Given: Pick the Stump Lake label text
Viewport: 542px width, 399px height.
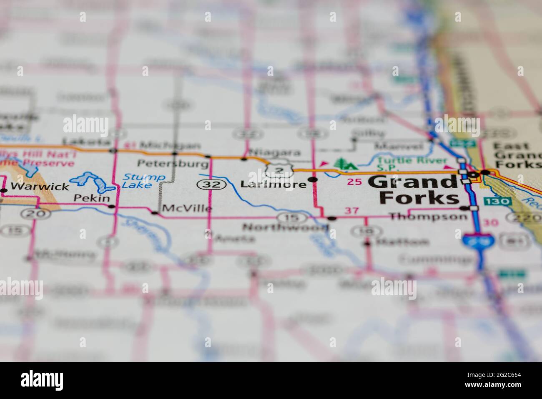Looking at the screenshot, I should coord(143,181).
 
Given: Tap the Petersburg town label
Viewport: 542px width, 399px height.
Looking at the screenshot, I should coord(173,163).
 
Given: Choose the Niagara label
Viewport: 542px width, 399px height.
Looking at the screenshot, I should coord(274,152).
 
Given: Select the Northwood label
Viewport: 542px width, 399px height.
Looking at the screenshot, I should coord(285,227).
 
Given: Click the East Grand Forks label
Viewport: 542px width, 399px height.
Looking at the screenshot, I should coord(516,155).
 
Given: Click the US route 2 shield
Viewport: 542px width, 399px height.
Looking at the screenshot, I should coord(275,169).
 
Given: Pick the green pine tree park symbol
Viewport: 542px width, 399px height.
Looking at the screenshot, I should coord(344,163).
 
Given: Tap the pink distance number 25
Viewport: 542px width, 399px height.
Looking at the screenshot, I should coord(354,182).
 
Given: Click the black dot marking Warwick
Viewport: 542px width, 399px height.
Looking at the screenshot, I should coord(4,190).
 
